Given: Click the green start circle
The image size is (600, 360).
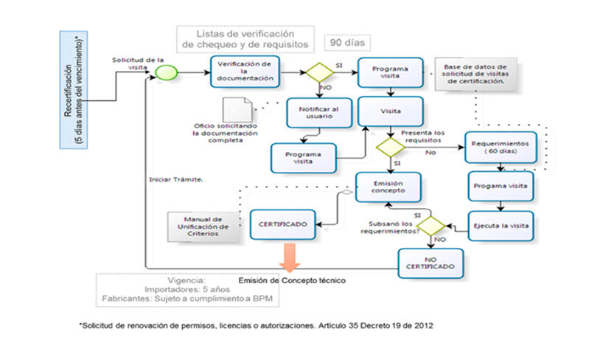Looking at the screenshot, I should pos(167,73).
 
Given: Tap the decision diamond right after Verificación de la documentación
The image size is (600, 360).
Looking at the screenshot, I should pos(320,74).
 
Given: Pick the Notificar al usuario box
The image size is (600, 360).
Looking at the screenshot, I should pos(317,113).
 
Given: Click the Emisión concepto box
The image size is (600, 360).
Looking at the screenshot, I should pos(388,187).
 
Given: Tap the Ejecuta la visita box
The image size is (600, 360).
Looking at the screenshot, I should pos(500,224).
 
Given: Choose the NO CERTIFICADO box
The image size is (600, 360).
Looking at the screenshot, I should pos(430,263).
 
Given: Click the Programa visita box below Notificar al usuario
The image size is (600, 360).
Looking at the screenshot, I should pos(302,157).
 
